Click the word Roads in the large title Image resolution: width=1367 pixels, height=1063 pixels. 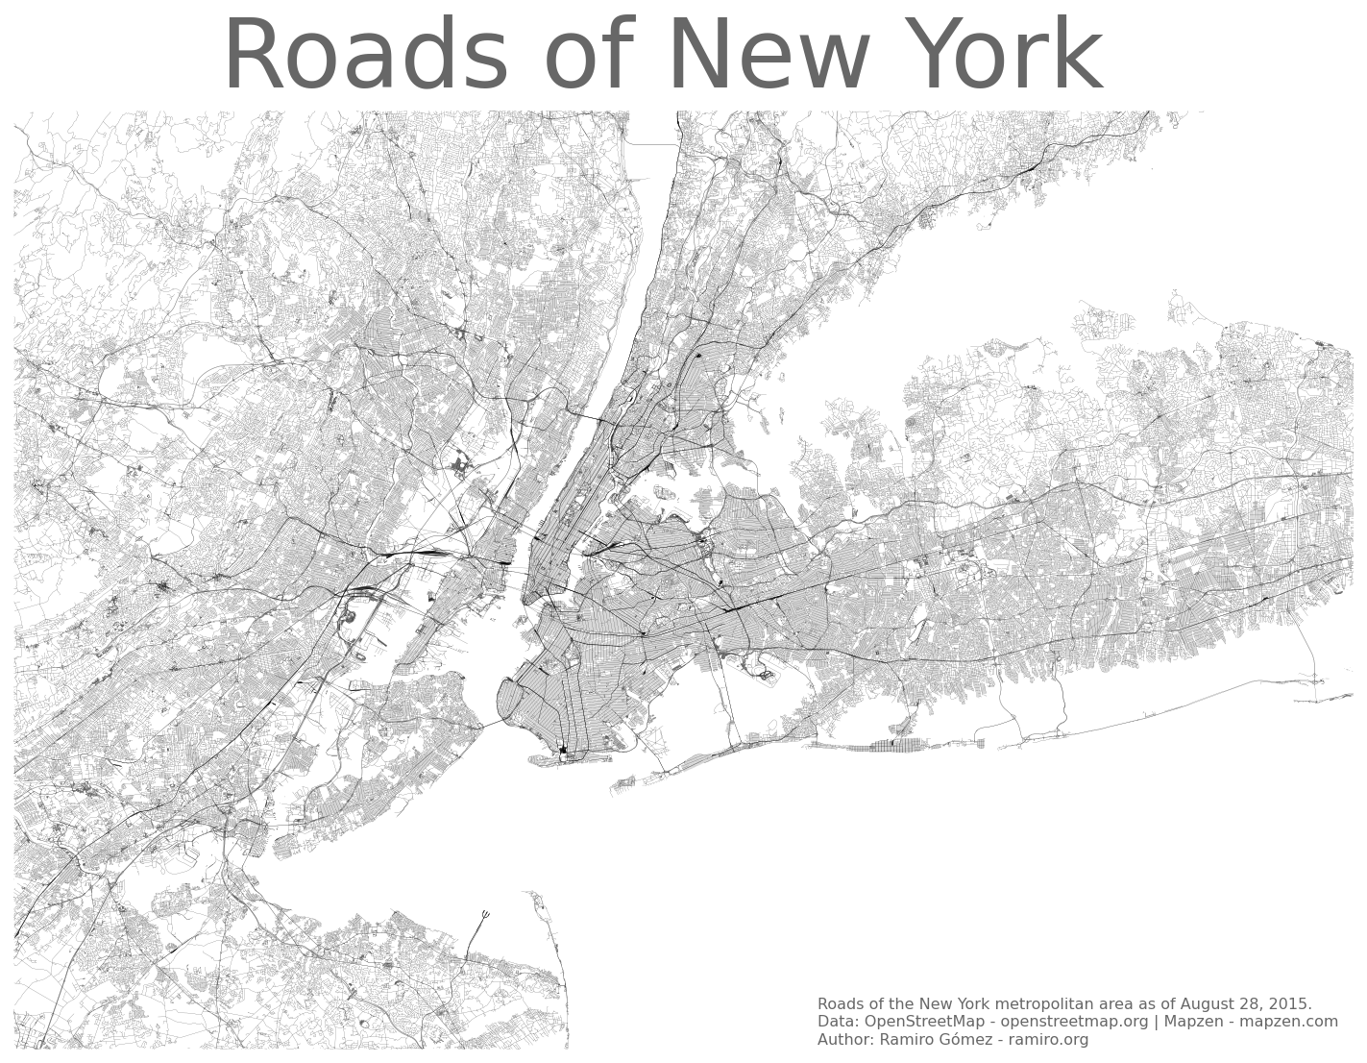click(x=365, y=58)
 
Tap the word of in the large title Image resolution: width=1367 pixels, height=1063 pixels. click(x=587, y=58)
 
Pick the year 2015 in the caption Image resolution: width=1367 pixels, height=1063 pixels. click(x=1290, y=1004)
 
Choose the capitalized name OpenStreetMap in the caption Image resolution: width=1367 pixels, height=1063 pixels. click(x=922, y=1022)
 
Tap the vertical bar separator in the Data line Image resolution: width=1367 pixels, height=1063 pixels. click(x=1156, y=1022)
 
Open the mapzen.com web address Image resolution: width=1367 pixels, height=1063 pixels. click(x=1288, y=1022)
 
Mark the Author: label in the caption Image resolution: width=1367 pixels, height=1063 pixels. click(x=845, y=1040)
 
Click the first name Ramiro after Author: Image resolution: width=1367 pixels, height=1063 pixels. click(x=905, y=1040)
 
